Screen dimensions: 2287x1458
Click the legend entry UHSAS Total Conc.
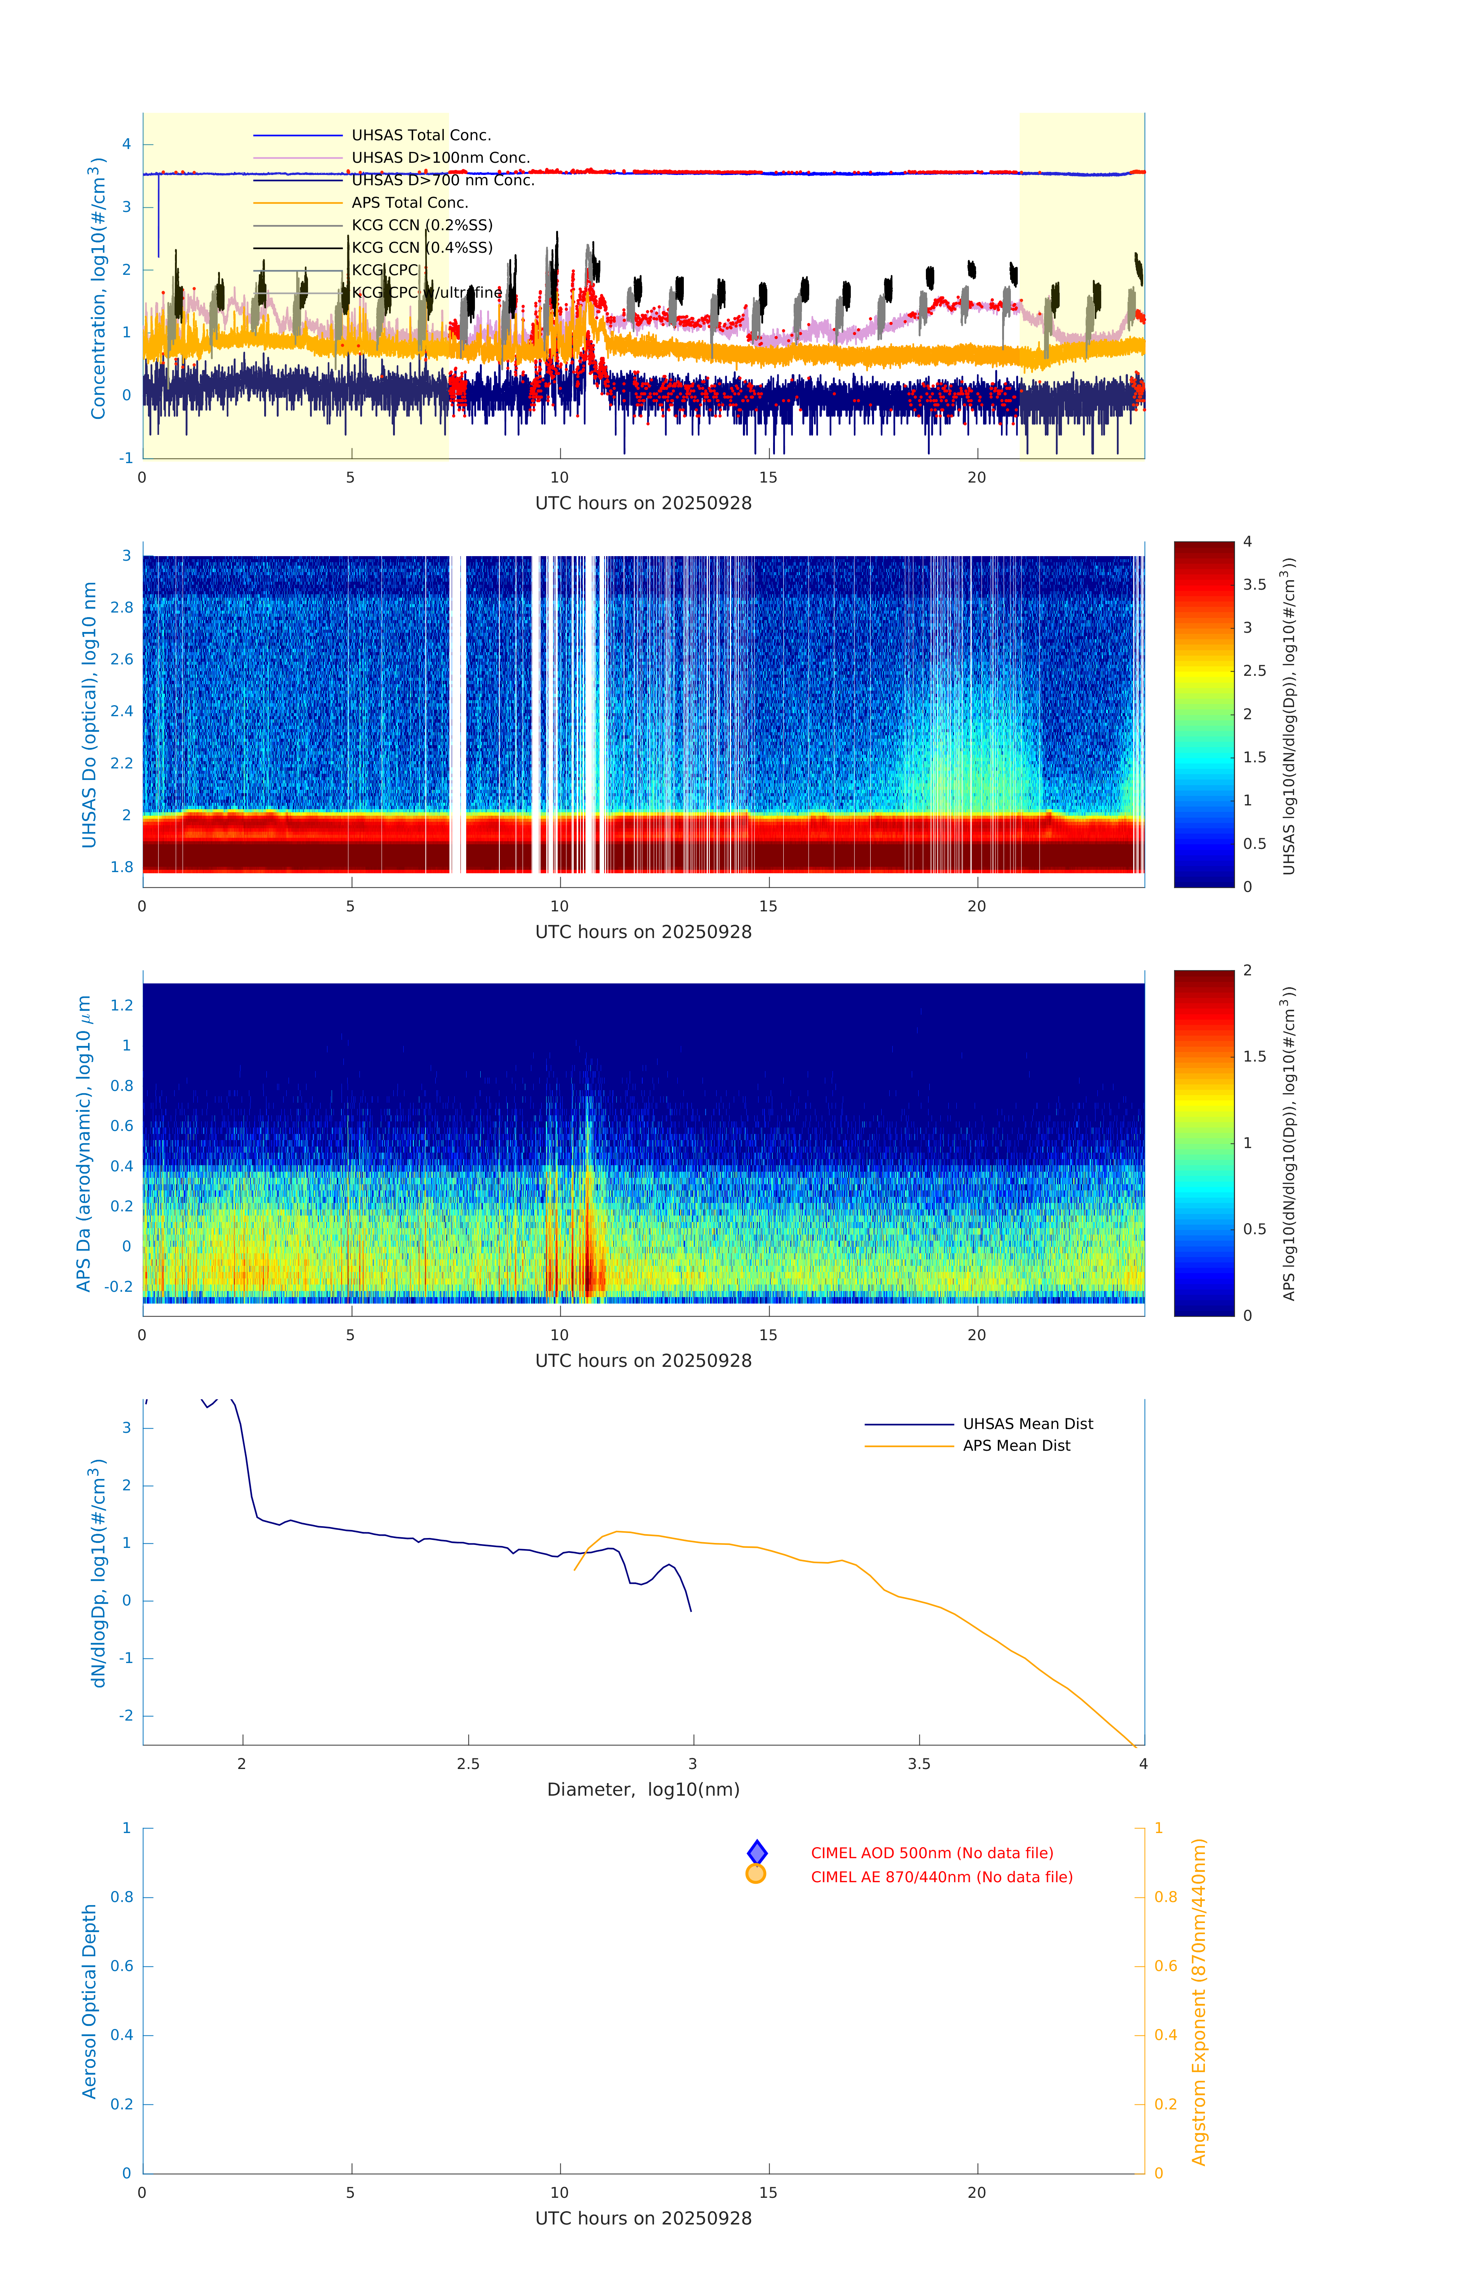(x=421, y=135)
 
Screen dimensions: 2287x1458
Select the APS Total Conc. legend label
(x=409, y=202)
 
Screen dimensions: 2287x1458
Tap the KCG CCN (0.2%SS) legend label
(x=422, y=225)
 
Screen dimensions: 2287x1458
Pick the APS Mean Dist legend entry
(x=1016, y=1445)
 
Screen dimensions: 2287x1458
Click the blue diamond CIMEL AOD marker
(x=756, y=1852)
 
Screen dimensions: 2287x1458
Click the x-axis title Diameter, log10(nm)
(x=643, y=1789)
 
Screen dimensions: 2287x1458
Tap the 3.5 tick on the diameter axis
(x=919, y=1764)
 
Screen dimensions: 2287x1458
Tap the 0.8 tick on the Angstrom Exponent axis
(x=1166, y=1897)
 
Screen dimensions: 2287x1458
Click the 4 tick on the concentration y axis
(x=126, y=144)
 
